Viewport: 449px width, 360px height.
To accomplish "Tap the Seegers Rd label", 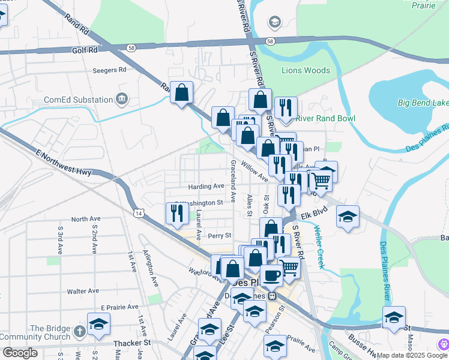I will coord(109,70).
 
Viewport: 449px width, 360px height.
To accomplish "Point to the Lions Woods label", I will coord(306,71).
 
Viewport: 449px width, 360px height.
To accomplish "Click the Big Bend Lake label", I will coord(423,103).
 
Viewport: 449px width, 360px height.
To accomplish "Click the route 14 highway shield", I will coord(139,213).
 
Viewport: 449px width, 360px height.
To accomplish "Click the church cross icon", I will coord(79,331).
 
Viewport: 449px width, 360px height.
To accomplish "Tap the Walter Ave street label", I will coord(83,291).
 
